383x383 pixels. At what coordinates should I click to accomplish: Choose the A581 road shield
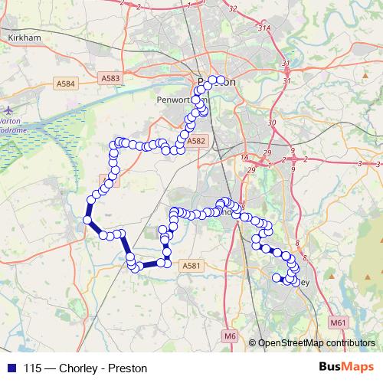tap(191, 266)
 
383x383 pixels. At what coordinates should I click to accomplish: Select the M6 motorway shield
tap(231, 336)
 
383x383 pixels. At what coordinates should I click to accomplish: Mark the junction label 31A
tap(264, 28)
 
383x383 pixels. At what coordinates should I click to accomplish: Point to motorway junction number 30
tap(270, 123)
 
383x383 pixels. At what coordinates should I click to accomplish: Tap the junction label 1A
tap(245, 157)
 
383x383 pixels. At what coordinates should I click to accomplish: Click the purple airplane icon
tap(7, 110)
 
